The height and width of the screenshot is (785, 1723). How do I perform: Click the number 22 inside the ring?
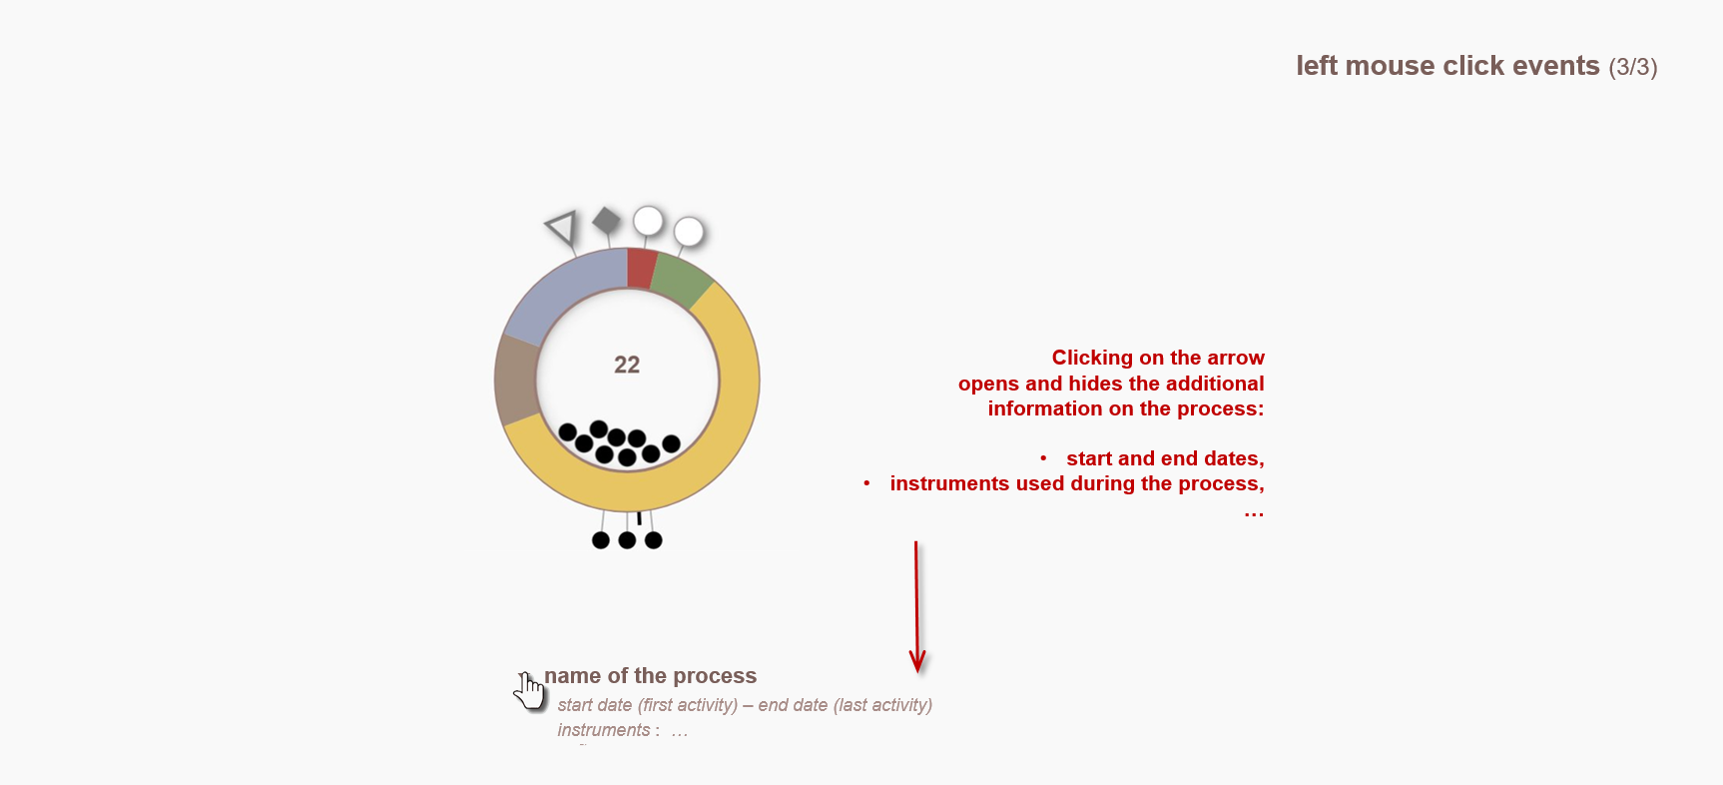627,365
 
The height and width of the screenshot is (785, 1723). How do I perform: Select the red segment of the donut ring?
641,269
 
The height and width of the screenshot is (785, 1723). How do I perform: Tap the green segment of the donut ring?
682,281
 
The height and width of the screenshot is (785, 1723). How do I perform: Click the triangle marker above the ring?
563,227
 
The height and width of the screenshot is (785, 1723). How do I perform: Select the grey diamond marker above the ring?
606,221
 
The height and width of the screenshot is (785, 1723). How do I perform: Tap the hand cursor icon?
529,690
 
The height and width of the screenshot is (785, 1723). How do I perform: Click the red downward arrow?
916,607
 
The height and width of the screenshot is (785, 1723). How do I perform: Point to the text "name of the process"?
650,676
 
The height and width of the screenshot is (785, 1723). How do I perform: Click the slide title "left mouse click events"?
1447,66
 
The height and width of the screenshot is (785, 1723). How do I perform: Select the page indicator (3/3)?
1633,67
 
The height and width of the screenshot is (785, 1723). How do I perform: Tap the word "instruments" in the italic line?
604,730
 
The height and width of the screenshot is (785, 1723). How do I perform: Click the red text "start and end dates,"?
1165,458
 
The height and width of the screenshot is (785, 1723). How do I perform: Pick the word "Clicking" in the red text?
1092,358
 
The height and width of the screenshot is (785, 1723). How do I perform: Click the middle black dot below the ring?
627,540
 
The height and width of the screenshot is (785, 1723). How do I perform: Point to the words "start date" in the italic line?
595,705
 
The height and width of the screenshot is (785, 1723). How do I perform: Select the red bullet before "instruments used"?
866,483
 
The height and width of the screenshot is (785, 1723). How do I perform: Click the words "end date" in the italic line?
793,705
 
